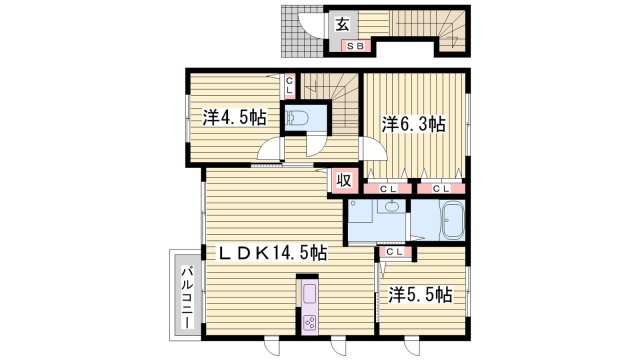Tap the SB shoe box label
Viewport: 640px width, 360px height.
click(x=354, y=45)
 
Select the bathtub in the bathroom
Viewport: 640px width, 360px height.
click(x=452, y=219)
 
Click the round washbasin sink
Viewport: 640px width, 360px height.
click(x=392, y=208)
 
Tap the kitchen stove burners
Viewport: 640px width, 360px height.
click(x=309, y=322)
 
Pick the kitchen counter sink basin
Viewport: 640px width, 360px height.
click(x=308, y=296)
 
